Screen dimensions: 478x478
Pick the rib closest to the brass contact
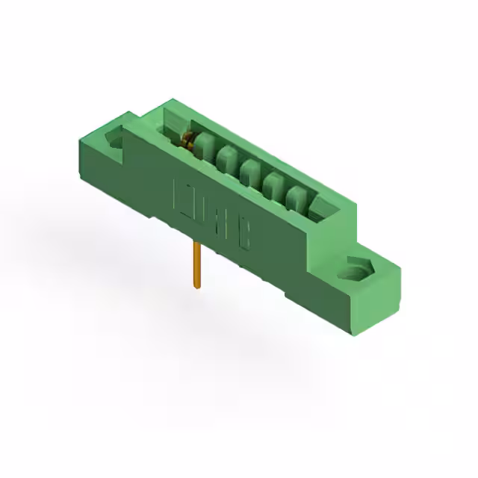tap(207, 152)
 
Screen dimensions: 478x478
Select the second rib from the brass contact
tap(229, 164)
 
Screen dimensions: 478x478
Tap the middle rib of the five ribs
tap(251, 176)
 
